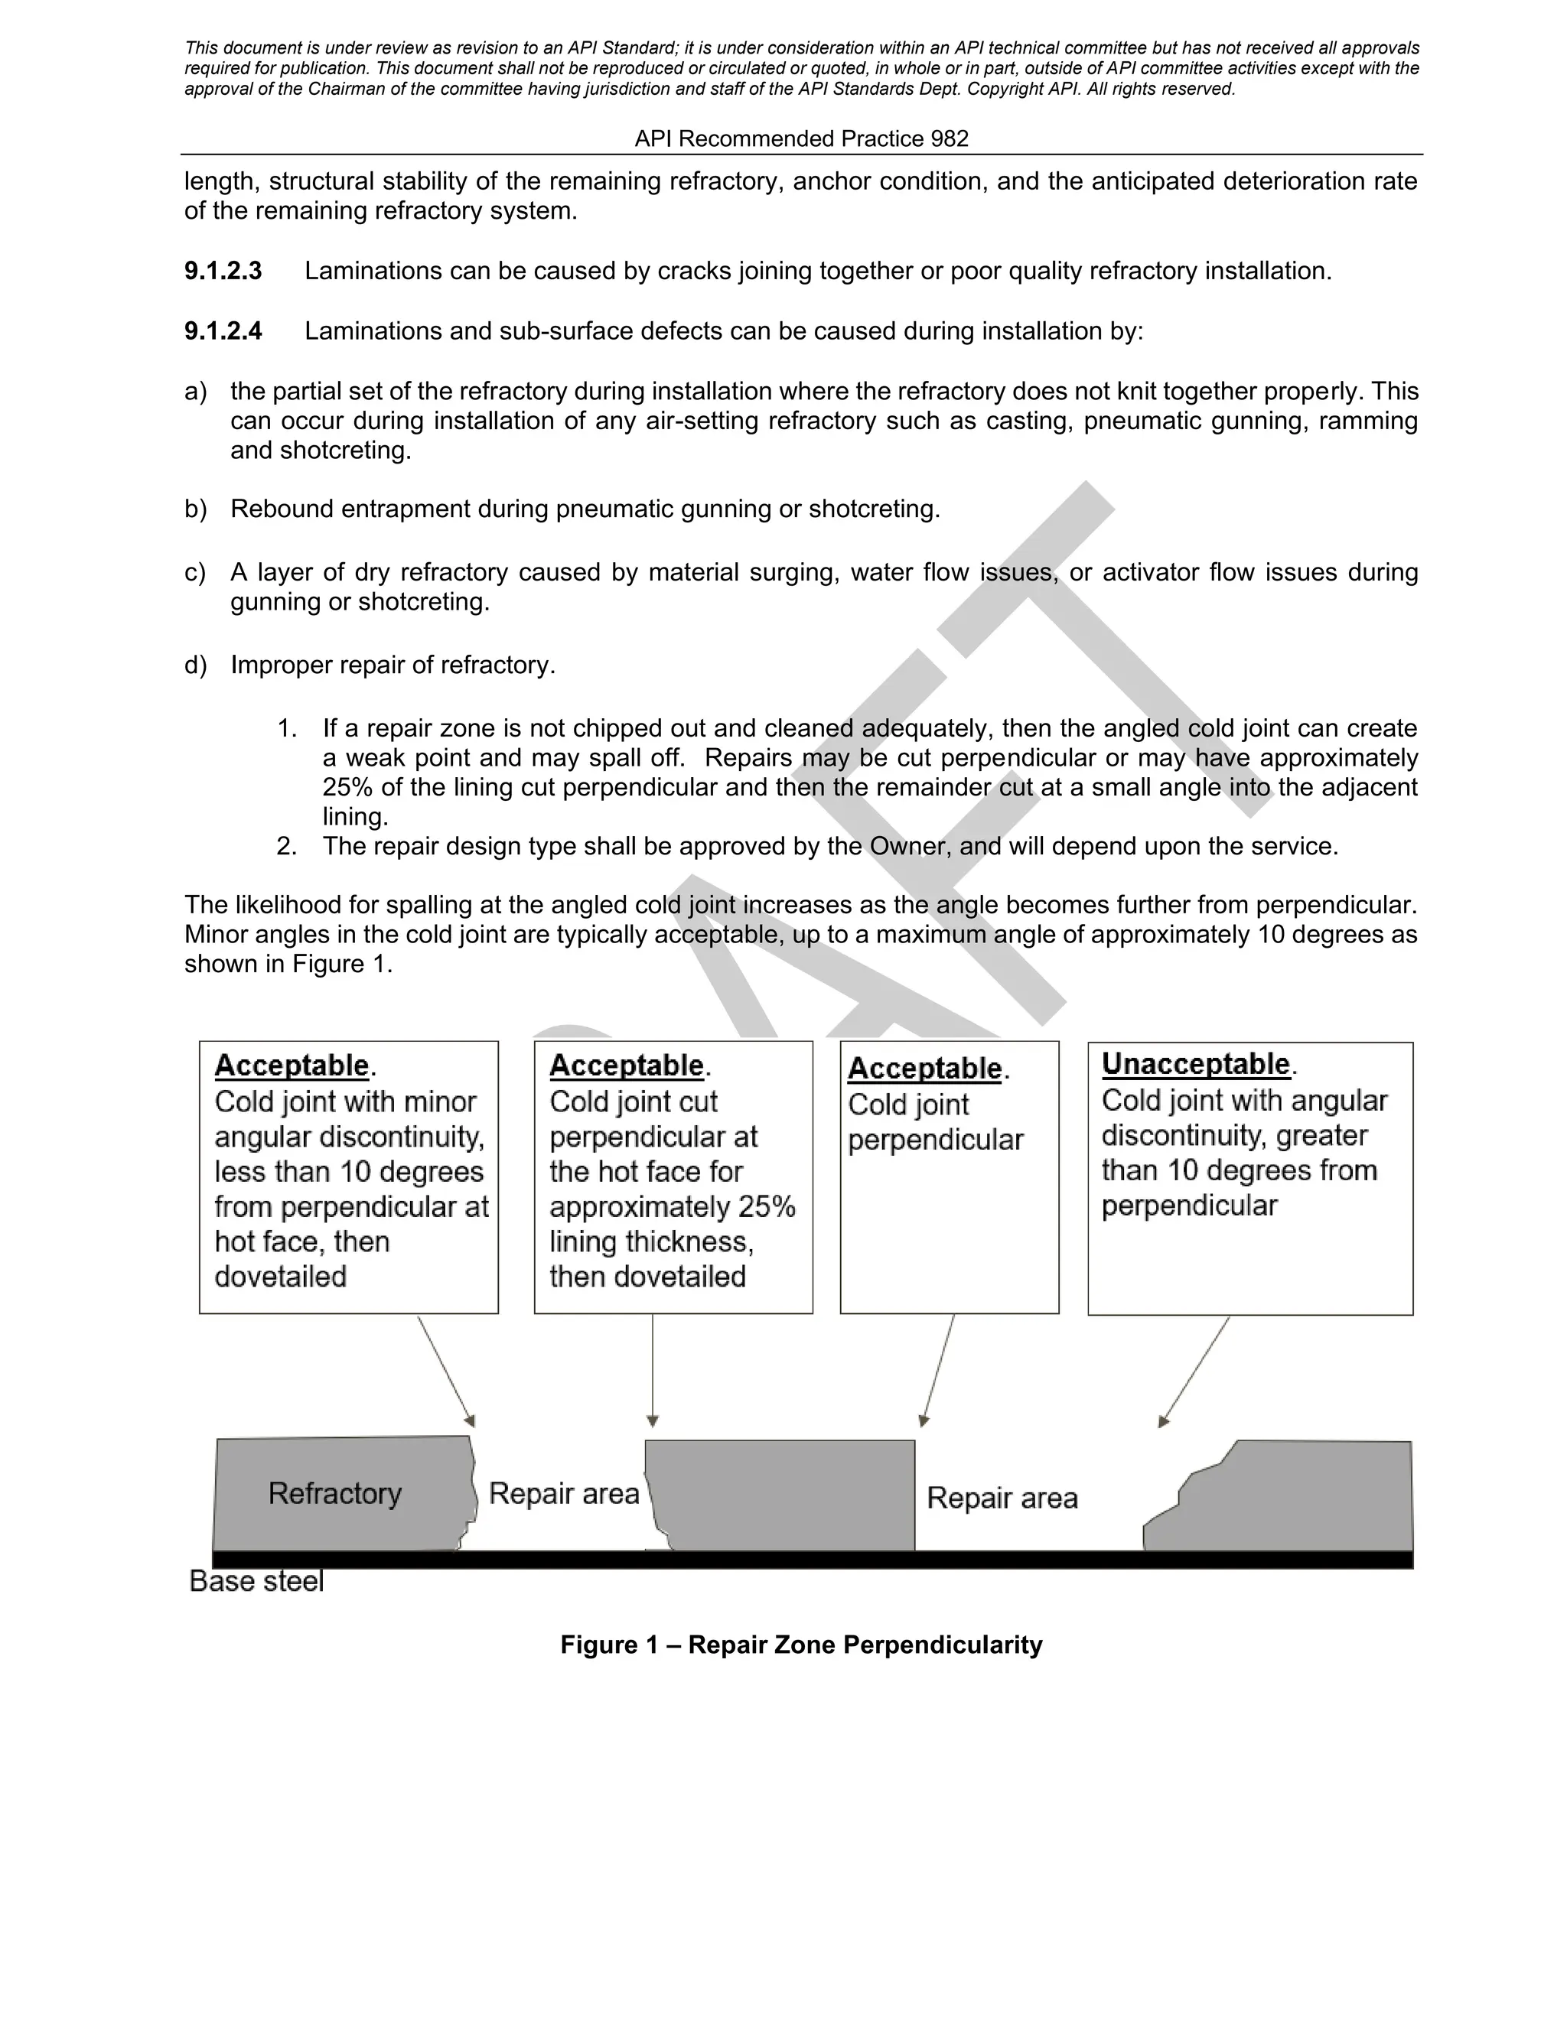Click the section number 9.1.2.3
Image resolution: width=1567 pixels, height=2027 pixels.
(x=223, y=271)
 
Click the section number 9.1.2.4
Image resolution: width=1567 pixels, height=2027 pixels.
(x=223, y=331)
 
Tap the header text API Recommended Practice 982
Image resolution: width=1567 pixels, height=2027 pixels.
(x=801, y=139)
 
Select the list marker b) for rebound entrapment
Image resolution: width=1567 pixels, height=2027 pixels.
(x=195, y=509)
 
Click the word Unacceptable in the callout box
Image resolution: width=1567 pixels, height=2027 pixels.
(x=1196, y=1064)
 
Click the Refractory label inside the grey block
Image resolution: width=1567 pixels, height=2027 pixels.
(x=334, y=1493)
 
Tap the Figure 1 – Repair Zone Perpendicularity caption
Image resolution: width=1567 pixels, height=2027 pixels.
(x=801, y=1645)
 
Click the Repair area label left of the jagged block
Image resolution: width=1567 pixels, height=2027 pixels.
(x=1002, y=1498)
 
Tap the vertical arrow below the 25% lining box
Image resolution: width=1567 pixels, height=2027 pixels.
(x=653, y=1369)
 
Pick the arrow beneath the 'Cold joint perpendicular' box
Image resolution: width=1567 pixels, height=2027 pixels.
(x=939, y=1369)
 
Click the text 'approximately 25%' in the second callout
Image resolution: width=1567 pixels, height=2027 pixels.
(x=672, y=1206)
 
